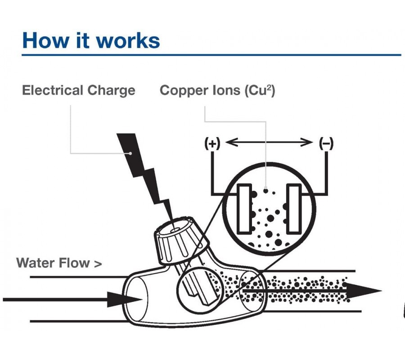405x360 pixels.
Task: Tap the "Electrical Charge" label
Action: tap(79, 90)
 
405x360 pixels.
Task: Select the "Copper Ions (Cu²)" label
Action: tap(217, 90)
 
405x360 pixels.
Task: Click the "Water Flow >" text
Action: tap(59, 263)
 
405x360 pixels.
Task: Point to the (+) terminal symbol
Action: tap(212, 144)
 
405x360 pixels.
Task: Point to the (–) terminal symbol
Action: tap(326, 144)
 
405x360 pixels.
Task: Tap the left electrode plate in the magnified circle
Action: tap(245, 209)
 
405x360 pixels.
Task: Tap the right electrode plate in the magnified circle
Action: tap(294, 209)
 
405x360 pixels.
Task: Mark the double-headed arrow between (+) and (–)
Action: tap(269, 143)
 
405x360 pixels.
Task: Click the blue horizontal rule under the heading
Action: tap(211, 55)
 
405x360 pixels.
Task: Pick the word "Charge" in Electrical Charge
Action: tap(111, 90)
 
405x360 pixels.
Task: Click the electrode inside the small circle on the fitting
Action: tap(198, 288)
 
